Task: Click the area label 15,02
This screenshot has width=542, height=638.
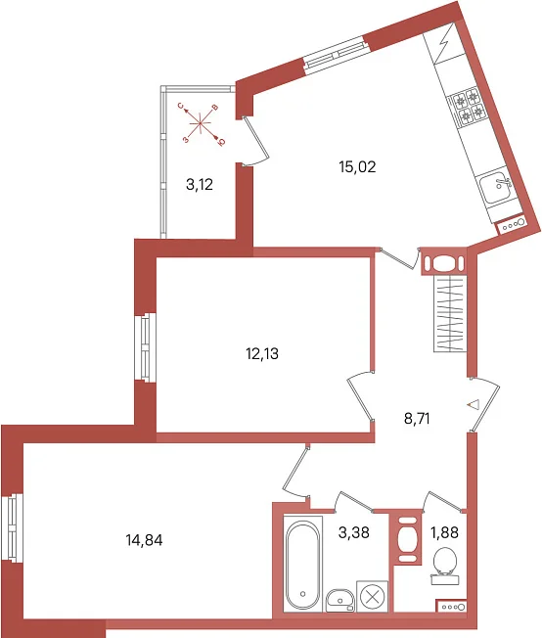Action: (x=357, y=166)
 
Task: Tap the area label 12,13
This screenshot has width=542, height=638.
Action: (x=262, y=353)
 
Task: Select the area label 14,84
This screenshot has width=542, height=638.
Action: (x=144, y=540)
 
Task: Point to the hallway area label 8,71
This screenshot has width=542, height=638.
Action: (x=417, y=418)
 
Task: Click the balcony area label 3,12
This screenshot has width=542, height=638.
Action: (x=200, y=185)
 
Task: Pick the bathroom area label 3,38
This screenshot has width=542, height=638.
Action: (x=353, y=531)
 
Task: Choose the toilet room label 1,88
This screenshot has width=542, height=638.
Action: (x=445, y=531)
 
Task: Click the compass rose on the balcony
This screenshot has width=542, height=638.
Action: (x=201, y=123)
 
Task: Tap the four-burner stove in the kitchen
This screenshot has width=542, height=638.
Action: (x=468, y=106)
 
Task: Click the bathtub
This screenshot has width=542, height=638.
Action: (x=303, y=564)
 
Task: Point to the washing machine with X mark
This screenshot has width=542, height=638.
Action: (x=372, y=597)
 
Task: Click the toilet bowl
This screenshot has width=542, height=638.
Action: (x=445, y=566)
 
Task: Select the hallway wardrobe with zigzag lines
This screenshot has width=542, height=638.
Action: (x=450, y=313)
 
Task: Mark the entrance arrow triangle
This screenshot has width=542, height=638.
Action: (x=474, y=405)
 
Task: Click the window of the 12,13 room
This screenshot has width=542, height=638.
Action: (x=145, y=347)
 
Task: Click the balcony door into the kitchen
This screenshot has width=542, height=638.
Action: (x=255, y=141)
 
